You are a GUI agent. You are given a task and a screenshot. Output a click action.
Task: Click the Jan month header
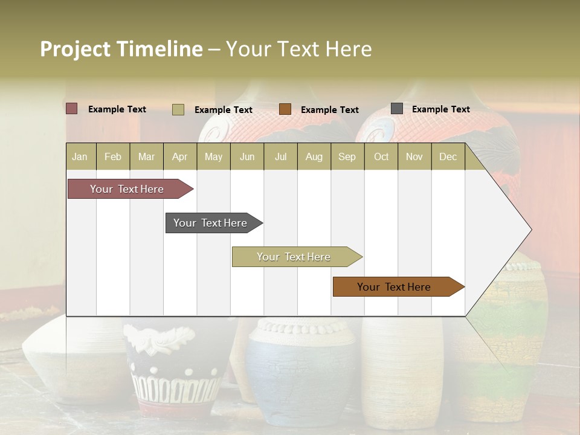80,156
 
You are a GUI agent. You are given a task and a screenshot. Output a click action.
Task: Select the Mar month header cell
146,156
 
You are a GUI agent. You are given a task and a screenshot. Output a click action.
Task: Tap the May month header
213,156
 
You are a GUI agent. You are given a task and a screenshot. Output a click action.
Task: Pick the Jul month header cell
280,156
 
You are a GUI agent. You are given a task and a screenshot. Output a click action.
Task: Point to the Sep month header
347,156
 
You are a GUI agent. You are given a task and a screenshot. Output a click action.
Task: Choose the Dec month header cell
448,156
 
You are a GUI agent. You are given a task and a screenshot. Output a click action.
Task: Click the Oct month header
381,156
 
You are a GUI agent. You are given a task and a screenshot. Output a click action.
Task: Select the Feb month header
113,156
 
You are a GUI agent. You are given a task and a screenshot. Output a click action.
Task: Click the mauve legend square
72,109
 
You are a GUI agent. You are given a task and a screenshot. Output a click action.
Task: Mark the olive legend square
178,109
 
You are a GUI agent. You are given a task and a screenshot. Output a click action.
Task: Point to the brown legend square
285,109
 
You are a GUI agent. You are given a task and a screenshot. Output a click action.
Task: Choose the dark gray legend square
397,109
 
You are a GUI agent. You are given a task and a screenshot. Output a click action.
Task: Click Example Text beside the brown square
330,110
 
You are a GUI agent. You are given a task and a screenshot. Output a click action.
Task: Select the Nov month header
414,156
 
